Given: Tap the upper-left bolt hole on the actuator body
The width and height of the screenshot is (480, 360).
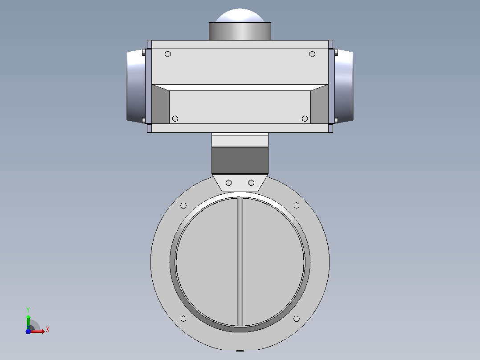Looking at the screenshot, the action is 167,54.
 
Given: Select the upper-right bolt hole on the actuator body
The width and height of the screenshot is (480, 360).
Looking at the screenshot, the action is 312,54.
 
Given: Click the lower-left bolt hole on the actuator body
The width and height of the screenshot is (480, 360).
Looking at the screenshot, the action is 175,119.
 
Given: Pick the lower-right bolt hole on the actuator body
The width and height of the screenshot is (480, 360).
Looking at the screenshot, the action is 305,119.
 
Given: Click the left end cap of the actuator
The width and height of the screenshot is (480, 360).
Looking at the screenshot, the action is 136,86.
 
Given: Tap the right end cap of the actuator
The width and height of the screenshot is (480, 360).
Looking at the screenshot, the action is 344,86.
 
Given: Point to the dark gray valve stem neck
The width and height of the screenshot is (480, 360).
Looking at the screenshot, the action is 240,160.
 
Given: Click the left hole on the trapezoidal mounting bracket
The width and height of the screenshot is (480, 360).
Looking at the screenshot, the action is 229,183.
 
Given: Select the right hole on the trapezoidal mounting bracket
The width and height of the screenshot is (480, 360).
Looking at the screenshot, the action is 251,183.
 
